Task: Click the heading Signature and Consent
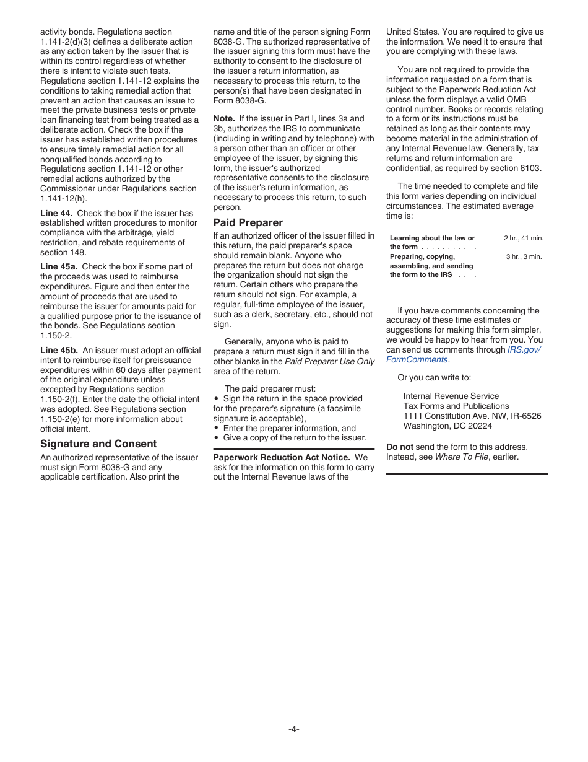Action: (98, 444)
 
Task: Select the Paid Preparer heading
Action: (248, 222)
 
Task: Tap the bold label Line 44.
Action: (56, 213)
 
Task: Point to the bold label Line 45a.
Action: (59, 267)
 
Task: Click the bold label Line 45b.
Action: (59, 351)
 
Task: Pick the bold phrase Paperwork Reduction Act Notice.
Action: (282, 457)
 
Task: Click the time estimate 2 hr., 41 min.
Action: (523, 238)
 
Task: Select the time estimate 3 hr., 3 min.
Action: (524, 256)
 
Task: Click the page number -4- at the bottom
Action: (294, 729)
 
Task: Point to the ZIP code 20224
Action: (480, 426)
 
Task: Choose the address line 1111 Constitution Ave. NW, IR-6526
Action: (472, 416)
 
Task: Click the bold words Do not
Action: (400, 447)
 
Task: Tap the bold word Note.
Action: (224, 118)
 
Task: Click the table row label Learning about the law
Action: (432, 238)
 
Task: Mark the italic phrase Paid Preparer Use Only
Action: (329, 361)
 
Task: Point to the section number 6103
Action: (530, 168)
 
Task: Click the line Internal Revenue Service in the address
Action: (451, 396)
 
